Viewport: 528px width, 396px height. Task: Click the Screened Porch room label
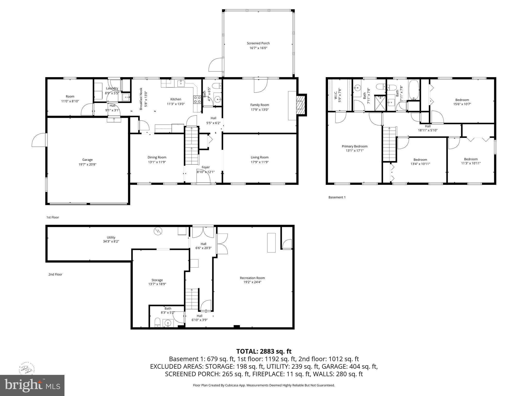click(x=258, y=43)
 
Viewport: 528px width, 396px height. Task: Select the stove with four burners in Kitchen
click(x=197, y=100)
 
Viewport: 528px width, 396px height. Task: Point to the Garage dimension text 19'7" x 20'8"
click(x=87, y=164)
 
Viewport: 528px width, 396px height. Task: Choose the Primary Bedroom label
click(x=354, y=146)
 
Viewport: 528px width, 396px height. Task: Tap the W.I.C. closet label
click(x=336, y=95)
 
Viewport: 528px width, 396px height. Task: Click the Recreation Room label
click(x=252, y=278)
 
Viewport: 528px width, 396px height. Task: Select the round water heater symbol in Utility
click(x=157, y=231)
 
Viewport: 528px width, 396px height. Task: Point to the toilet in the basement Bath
click(x=157, y=323)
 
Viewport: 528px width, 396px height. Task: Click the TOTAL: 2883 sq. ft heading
click(x=264, y=351)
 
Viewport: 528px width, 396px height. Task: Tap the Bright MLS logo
click(x=32, y=385)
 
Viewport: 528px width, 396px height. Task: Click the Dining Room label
click(x=157, y=157)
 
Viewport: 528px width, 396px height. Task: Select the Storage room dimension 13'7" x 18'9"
click(x=157, y=284)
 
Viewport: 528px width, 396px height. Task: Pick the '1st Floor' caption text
click(x=53, y=217)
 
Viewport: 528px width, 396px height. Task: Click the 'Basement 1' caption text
click(x=337, y=197)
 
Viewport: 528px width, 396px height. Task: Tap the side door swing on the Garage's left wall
click(x=39, y=140)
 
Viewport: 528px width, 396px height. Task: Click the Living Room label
click(x=259, y=157)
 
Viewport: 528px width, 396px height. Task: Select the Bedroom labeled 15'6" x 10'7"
click(x=462, y=100)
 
